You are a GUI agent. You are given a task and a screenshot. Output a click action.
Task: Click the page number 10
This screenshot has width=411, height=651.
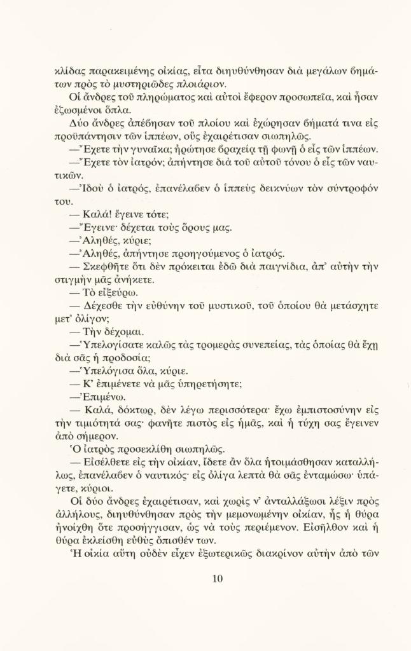(x=217, y=578)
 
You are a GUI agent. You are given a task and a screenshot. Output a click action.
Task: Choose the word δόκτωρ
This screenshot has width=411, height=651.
(x=143, y=410)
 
